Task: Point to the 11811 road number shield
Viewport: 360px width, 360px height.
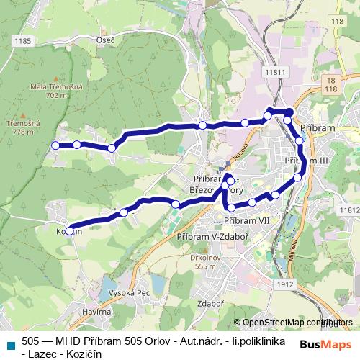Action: click(x=275, y=73)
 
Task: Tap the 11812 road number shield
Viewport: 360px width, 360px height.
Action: click(x=348, y=209)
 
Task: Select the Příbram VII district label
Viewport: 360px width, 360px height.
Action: click(x=246, y=220)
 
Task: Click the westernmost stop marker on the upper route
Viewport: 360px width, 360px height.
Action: click(x=55, y=145)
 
